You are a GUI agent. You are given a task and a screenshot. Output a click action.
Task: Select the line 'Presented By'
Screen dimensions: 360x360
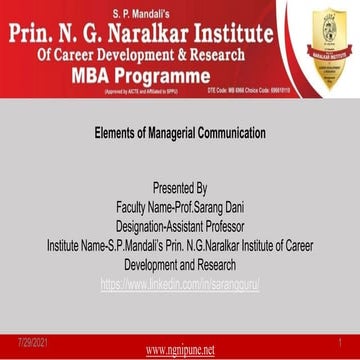click(179, 187)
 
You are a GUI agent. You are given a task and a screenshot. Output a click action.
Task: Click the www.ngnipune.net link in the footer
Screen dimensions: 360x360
click(180, 350)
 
